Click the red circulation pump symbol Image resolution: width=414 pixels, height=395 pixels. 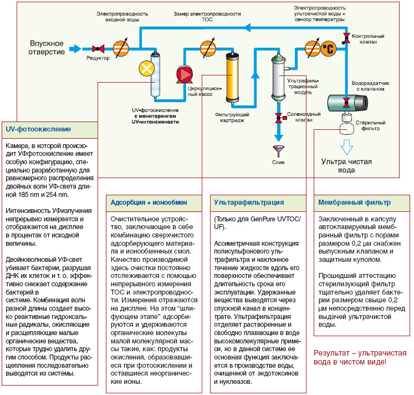click(x=185, y=74)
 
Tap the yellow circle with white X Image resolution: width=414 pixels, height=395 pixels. click(x=147, y=69)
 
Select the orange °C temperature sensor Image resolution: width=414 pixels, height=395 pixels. click(x=329, y=49)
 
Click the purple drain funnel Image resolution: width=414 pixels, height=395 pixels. click(x=279, y=151)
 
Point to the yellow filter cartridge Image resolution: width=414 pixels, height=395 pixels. click(x=232, y=78)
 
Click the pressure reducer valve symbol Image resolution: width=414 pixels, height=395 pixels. click(x=98, y=49)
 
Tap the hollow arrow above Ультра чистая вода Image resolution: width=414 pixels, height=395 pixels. click(x=347, y=147)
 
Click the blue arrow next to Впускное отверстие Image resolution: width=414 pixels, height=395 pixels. click(x=75, y=49)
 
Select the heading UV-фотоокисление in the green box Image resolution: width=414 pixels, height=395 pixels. click(x=38, y=129)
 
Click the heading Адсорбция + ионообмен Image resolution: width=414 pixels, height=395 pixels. click(x=149, y=202)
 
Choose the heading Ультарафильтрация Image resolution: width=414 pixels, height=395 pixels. click(x=249, y=202)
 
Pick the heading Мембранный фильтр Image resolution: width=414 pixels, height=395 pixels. click(x=354, y=202)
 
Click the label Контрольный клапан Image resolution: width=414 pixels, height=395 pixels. click(x=368, y=39)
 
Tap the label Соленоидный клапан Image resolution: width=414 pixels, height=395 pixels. click(x=304, y=117)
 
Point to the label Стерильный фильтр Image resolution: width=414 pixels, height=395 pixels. click(x=370, y=125)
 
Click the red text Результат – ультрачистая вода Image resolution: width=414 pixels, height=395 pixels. click(x=360, y=357)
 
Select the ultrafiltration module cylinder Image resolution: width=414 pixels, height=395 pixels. click(x=278, y=78)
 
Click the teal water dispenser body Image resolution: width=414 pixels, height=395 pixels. click(x=347, y=102)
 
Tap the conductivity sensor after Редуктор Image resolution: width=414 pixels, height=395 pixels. click(x=121, y=49)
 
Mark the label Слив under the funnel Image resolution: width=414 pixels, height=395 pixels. click(x=278, y=162)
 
